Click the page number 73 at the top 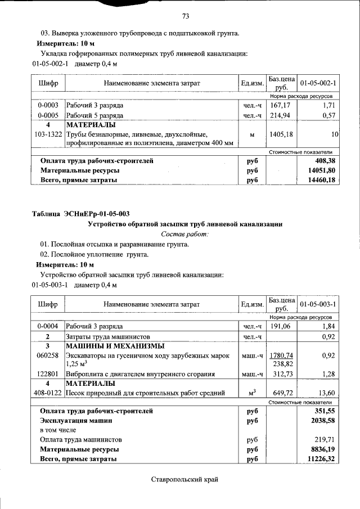(x=185, y=15)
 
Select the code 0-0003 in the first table (x=48, y=105)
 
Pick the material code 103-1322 (x=48, y=135)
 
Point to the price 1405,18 (x=281, y=135)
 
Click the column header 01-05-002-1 (x=318, y=83)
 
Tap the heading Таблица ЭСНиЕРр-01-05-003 (x=81, y=213)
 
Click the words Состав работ (x=184, y=233)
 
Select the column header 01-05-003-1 (x=318, y=304)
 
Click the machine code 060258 (x=48, y=355)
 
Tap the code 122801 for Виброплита (x=48, y=374)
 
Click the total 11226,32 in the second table (x=318, y=459)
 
